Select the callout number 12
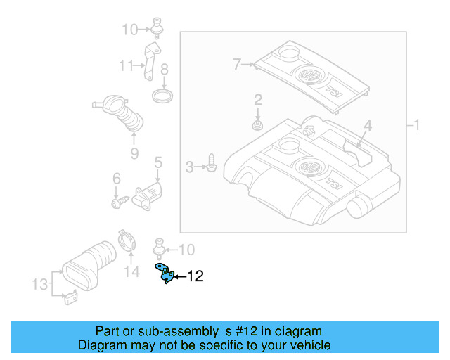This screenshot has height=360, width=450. (195, 276)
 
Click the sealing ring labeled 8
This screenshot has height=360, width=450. (164, 94)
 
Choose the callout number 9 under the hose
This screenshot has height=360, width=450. (134, 151)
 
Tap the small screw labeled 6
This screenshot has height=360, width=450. (117, 202)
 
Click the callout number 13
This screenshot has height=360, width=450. (39, 284)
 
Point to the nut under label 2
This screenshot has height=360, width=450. (258, 127)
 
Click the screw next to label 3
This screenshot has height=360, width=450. (211, 165)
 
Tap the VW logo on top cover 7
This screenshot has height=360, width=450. (309, 75)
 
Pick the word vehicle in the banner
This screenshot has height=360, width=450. (307, 345)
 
